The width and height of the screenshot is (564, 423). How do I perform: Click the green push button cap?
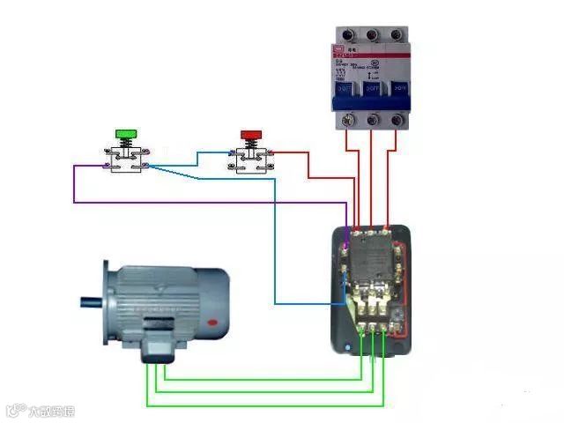(126, 133)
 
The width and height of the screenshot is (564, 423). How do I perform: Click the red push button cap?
(251, 133)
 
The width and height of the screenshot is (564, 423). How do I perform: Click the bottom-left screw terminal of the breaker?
(347, 118)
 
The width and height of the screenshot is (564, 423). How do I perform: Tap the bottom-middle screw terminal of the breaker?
(372, 118)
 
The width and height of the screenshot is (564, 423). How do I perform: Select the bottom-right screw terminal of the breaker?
(397, 118)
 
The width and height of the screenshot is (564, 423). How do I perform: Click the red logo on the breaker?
(340, 50)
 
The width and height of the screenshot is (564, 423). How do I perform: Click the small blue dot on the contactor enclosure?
(347, 347)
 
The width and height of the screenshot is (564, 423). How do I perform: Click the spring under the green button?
(126, 145)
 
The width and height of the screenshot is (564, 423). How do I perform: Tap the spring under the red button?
(251, 145)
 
